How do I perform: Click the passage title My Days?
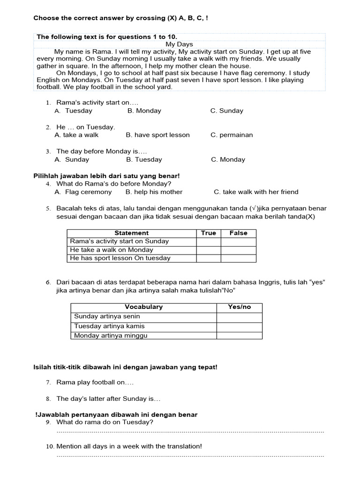point(179,44)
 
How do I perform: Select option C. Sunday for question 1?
point(227,111)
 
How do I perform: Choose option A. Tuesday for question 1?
point(74,111)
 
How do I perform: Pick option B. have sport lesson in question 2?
point(157,135)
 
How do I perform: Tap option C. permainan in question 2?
point(232,135)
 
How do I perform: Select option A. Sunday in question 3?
point(72,159)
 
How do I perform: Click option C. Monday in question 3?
point(228,159)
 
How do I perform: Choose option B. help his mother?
point(154,192)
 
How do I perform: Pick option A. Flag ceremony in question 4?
point(83,192)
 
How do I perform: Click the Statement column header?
point(131,233)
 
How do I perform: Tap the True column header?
point(209,233)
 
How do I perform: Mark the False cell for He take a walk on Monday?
point(238,250)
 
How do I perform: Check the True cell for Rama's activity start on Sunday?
point(209,241)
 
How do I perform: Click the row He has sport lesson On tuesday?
point(120,258)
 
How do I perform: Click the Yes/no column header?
point(239,307)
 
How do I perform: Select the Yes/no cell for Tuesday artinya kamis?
point(239,326)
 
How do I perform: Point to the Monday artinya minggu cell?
point(111,336)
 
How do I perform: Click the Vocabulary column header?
point(143,307)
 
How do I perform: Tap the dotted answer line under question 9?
point(190,431)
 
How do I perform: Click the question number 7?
point(48,382)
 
